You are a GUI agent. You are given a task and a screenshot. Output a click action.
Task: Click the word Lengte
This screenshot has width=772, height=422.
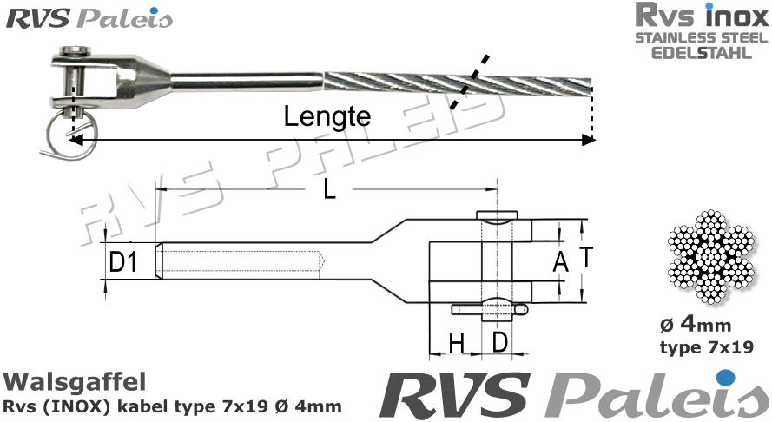tap(327, 117)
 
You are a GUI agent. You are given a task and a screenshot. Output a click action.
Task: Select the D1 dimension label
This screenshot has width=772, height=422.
tap(123, 261)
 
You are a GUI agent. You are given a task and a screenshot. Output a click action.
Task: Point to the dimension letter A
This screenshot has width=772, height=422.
tap(560, 261)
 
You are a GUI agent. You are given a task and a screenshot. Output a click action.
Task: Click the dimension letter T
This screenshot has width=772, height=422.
tap(586, 258)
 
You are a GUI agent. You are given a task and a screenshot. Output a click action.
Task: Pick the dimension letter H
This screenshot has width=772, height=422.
tap(456, 344)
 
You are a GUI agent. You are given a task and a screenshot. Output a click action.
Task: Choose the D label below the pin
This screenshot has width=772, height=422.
tap(500, 342)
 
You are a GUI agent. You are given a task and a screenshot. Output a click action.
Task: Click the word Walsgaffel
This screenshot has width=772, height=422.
tap(74, 382)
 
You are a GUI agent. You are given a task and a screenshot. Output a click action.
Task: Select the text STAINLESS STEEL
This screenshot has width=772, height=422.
tap(701, 38)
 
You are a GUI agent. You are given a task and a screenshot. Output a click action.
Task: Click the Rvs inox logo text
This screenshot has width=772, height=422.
tap(701, 16)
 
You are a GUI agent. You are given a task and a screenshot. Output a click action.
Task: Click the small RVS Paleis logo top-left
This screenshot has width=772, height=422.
tap(89, 18)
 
